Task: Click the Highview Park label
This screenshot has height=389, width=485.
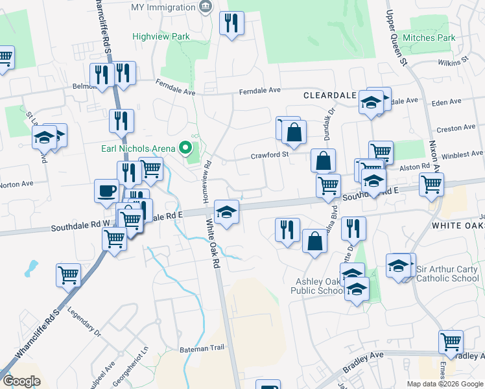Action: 161,37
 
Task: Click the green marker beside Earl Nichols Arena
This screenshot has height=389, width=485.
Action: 185,148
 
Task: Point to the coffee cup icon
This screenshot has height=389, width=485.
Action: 107,191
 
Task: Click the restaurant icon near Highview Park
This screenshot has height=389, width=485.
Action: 231,24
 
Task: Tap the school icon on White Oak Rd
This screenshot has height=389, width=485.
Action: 226,212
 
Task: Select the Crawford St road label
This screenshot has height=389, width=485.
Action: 269,156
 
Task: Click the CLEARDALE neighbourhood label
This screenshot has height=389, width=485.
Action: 329,95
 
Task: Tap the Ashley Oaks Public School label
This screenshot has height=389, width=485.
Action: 319,286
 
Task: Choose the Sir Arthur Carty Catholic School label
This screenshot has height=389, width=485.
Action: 447,274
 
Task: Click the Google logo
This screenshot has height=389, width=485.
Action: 21,381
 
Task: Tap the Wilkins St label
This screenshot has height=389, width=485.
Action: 453,62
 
